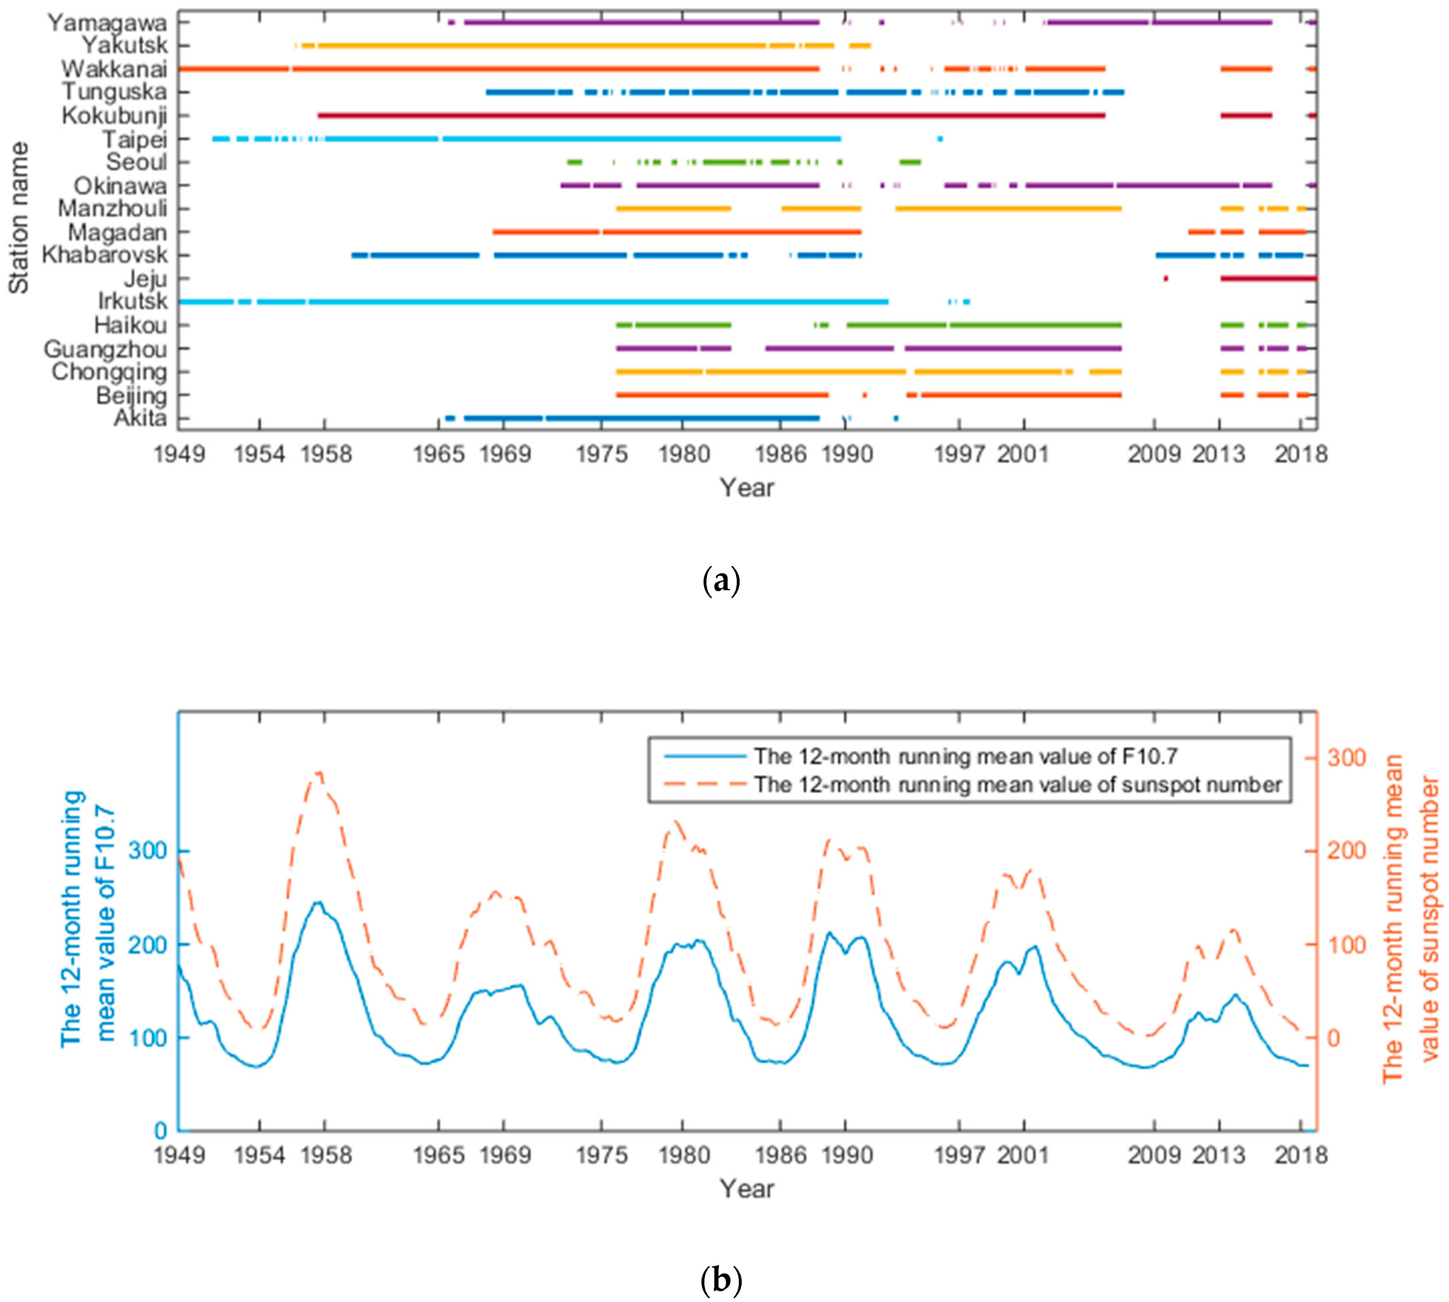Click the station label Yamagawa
click(x=107, y=23)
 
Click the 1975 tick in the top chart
click(x=602, y=454)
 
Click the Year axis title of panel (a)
click(x=746, y=488)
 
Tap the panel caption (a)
click(x=721, y=581)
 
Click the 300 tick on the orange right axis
click(x=1346, y=758)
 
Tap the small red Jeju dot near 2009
click(x=1166, y=278)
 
